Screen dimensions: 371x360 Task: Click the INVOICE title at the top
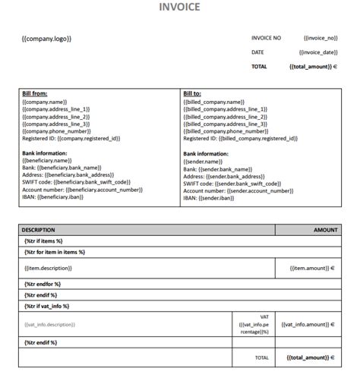[x=179, y=8]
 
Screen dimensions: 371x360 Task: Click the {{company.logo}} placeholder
[x=47, y=38]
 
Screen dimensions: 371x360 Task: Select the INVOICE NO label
[x=267, y=37]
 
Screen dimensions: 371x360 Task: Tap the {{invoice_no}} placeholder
[x=320, y=37]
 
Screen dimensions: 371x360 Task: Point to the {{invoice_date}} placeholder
[x=318, y=52]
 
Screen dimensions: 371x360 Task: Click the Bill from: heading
[x=36, y=93]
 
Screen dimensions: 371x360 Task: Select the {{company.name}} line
[x=45, y=101]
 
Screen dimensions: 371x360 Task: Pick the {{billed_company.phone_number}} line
[x=228, y=130]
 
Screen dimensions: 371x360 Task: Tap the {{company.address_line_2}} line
[x=56, y=116]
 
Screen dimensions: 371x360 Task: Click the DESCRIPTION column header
[x=38, y=229]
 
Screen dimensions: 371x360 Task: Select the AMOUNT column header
[x=326, y=229]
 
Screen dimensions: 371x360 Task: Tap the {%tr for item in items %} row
[x=55, y=252]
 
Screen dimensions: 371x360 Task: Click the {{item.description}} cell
[x=51, y=268]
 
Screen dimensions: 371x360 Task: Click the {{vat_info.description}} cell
[x=50, y=324]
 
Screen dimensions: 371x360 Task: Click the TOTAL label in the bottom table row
[x=261, y=357]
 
